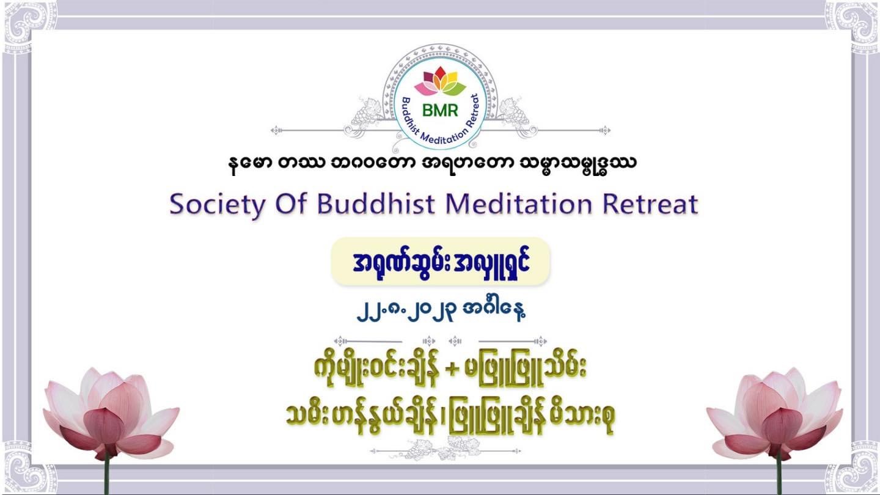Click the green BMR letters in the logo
[x=440, y=111]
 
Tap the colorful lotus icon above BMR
[x=440, y=81]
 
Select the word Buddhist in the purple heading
[x=376, y=204]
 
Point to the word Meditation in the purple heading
[x=519, y=204]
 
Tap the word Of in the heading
[x=291, y=204]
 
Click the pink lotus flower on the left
[x=111, y=413]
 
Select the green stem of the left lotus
[x=106, y=476]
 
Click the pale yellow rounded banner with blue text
[x=441, y=262]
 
